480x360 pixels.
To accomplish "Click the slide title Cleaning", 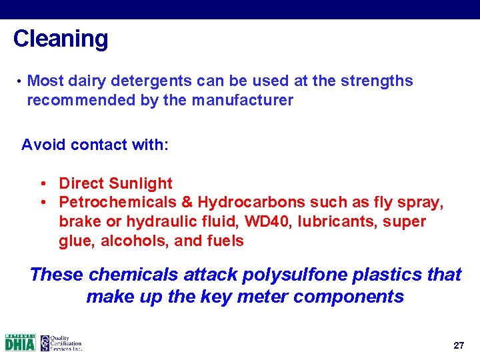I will point(60,39).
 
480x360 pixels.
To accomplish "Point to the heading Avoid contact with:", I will point(95,145).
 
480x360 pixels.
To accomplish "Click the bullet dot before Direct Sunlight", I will point(42,183).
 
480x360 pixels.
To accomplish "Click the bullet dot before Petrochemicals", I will point(42,202).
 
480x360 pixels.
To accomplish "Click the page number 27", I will point(458,345).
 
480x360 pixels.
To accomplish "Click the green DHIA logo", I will point(20,343).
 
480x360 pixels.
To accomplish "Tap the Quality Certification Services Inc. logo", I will point(61,343).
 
